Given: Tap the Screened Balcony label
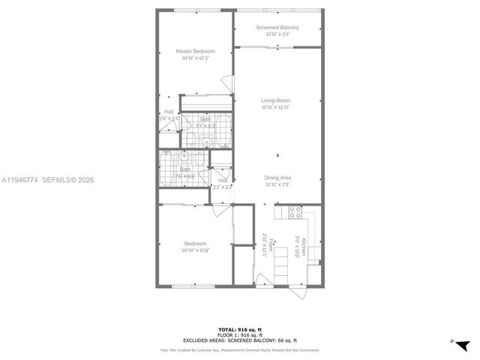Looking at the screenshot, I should [277, 28].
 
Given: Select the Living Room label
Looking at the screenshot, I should [276, 100].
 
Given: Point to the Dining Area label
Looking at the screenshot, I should [277, 178].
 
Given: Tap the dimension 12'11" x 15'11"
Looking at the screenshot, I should [276, 107].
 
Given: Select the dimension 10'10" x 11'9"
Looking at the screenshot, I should [195, 250].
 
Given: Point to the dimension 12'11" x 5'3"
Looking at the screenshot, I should [277, 34].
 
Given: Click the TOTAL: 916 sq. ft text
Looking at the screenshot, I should [240, 330].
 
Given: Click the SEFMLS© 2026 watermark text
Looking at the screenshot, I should [68, 180].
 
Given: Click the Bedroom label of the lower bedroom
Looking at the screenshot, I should [195, 244].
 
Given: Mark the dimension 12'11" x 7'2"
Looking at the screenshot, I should [277, 184].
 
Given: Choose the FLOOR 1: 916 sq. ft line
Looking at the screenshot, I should [240, 335].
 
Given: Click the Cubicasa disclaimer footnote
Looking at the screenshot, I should [240, 349].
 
